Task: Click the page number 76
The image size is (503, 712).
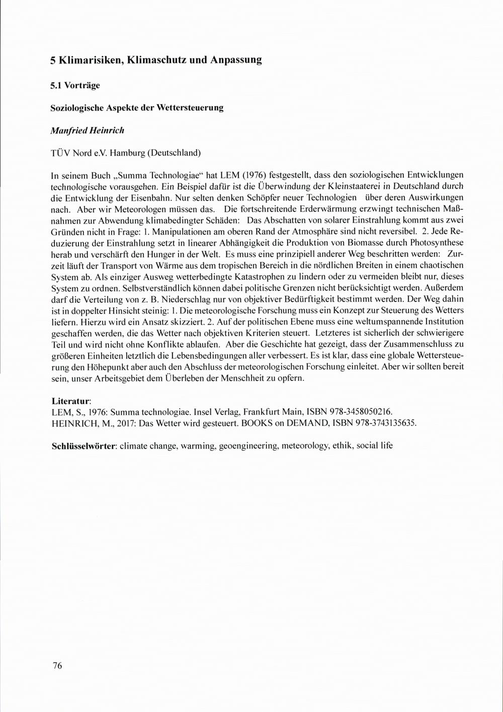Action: [57, 666]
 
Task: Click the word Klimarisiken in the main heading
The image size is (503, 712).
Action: [90, 60]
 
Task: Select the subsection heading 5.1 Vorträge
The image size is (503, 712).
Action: [75, 85]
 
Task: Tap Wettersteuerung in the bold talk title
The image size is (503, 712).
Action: [190, 108]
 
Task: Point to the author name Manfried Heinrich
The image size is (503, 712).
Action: [88, 130]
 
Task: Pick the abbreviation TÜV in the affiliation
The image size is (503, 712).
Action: [62, 152]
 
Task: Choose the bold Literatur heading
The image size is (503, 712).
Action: [71, 401]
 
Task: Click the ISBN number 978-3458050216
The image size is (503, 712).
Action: [360, 412]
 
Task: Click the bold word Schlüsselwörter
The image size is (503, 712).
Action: [85, 446]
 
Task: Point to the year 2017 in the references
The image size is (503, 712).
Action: [127, 423]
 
